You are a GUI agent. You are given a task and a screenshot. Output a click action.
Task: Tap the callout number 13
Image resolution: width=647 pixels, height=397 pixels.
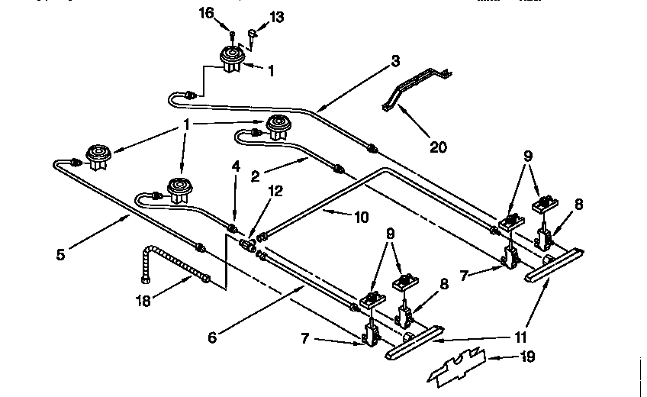[276, 17]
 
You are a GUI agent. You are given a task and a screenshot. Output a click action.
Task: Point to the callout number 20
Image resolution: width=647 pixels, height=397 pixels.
[438, 147]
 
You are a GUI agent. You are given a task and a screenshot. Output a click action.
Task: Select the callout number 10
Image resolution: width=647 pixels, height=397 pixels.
[361, 217]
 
